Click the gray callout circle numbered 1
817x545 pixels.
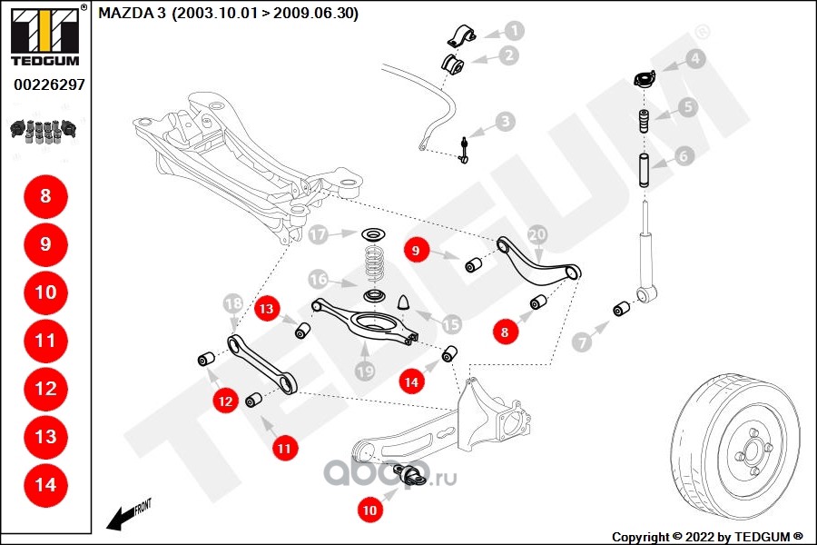[514, 31]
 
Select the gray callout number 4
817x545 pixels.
[694, 60]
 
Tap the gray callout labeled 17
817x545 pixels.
[317, 235]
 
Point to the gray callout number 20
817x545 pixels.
[536, 233]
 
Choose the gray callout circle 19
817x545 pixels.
[364, 370]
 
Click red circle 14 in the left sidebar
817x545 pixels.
[45, 485]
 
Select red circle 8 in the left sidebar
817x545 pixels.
[45, 195]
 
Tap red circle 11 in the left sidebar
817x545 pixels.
[45, 341]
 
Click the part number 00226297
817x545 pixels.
[49, 84]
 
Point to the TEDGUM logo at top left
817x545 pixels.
[44, 35]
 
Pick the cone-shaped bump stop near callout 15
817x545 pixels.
[406, 301]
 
